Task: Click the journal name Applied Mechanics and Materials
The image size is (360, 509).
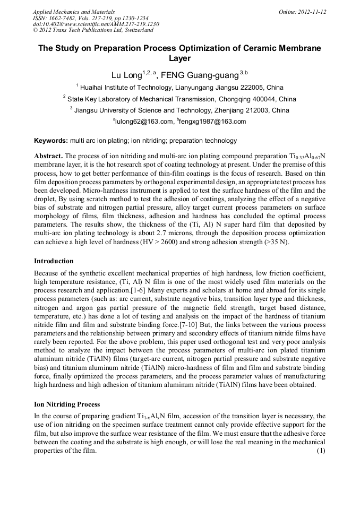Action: click(74, 12)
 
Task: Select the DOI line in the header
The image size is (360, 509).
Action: click(96, 24)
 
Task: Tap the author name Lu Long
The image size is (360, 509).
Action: click(125, 74)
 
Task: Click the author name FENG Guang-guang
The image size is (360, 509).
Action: click(198, 74)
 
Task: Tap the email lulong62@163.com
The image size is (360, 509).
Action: click(145, 122)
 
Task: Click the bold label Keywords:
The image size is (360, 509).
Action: click(51, 141)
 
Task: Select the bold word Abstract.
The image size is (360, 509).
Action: click(49, 157)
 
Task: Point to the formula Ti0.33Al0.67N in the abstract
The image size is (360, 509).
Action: click(304, 157)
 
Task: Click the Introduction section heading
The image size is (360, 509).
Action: click(54, 261)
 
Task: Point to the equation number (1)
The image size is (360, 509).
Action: click(320, 451)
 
